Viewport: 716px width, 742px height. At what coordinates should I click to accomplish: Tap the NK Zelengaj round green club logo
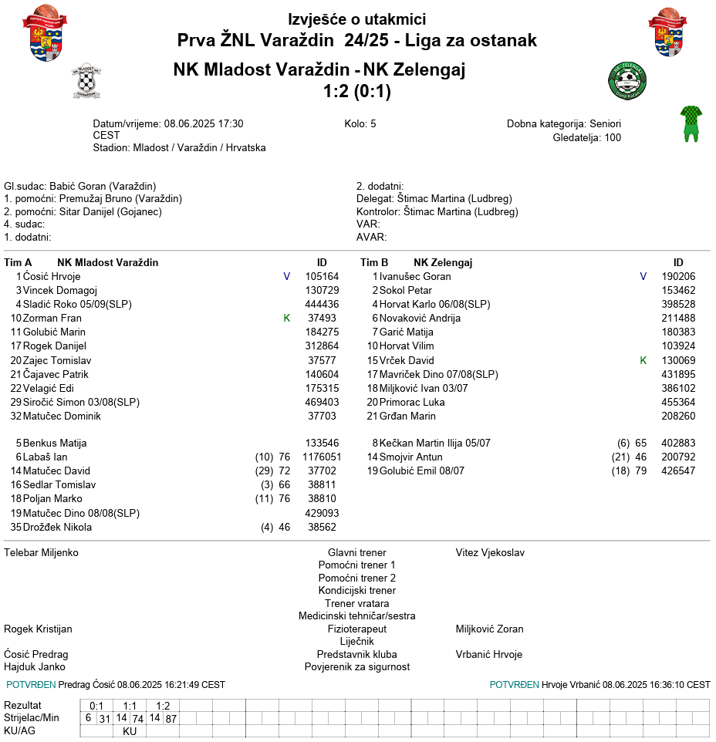pos(628,80)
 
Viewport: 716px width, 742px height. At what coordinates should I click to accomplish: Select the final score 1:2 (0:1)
pos(357,92)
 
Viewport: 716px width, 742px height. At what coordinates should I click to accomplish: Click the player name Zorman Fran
pos(52,318)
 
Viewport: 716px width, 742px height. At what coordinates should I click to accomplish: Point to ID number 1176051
pos(322,457)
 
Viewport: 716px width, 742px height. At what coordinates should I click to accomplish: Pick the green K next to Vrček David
pos(643,360)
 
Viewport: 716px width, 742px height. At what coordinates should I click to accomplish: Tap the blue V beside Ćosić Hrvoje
pos(287,276)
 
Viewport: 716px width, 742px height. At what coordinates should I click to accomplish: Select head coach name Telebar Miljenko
pos(41,552)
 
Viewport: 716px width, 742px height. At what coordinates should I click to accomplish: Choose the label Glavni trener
pos(357,552)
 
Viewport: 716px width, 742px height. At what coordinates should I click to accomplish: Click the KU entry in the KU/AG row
pos(130,731)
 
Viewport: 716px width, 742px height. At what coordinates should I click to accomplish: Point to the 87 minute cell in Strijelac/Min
pos(171,718)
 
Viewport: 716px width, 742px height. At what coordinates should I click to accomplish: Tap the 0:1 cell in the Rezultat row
pos(96,705)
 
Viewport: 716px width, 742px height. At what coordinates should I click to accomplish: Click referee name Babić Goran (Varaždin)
pos(103,186)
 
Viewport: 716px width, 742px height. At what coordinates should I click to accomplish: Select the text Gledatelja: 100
pos(586,138)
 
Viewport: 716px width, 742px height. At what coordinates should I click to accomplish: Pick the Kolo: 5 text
pos(360,123)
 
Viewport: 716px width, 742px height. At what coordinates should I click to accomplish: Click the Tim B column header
pos(374,262)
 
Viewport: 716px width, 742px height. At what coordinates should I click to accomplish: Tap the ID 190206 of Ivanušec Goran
pos(678,276)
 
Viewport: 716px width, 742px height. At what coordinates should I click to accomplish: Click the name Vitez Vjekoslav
pos(490,552)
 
